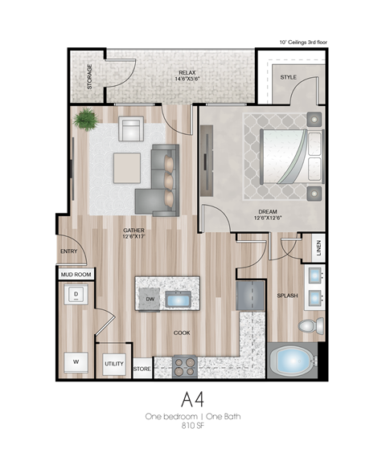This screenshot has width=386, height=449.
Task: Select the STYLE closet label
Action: coord(288,78)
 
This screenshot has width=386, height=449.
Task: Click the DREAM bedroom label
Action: coord(269,214)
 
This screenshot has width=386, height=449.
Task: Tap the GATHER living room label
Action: coord(133,234)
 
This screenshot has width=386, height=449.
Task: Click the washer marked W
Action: coord(76,363)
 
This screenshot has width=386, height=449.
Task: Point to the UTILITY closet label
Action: coord(114,365)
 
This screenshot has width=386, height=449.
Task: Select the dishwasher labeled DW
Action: coord(150,300)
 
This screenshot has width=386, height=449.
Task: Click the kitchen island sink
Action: coord(179,300)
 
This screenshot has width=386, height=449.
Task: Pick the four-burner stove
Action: coord(186,367)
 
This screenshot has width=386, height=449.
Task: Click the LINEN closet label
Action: coord(318,248)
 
